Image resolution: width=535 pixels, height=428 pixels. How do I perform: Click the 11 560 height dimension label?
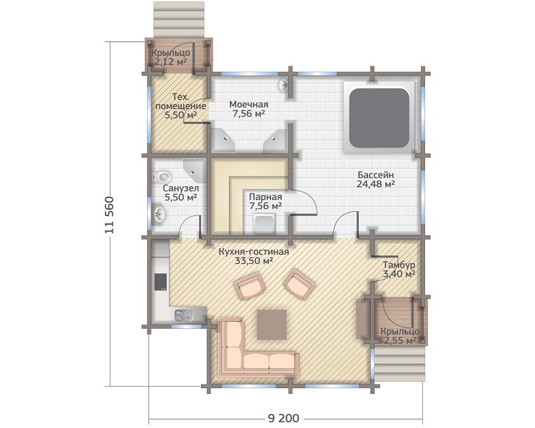pos(109,215)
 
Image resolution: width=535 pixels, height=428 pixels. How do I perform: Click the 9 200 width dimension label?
pos(283,419)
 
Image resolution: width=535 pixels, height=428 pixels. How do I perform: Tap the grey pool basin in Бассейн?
pos(379,118)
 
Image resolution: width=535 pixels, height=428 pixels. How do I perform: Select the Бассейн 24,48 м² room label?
pos(376,180)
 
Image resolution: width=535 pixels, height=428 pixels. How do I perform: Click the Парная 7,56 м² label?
pos(265,201)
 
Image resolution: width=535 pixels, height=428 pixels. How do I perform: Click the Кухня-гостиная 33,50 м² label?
pos(253,256)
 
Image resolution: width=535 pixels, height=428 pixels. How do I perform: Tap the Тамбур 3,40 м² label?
pos(399,270)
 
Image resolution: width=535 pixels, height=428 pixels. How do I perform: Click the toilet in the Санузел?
pos(162,177)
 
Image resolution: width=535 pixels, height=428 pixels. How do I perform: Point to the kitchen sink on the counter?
pos(183,316)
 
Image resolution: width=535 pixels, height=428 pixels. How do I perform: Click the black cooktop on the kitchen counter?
pos(160,282)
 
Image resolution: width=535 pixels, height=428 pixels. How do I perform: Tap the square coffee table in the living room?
pos(272,325)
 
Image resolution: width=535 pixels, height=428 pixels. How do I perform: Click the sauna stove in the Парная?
pos(265,224)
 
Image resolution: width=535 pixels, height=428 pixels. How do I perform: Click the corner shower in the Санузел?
pos(195,170)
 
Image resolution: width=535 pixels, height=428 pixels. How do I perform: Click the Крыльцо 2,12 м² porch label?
pos(170,57)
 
